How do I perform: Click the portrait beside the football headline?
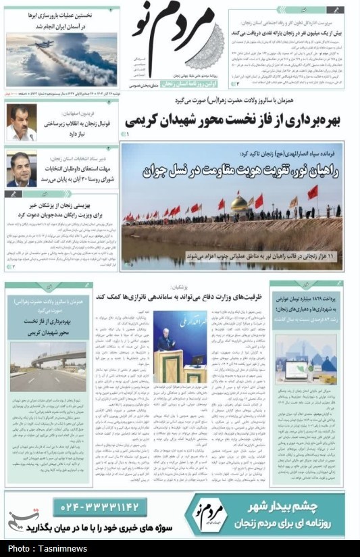coord(22,124)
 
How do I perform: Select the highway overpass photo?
coord(47,364)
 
